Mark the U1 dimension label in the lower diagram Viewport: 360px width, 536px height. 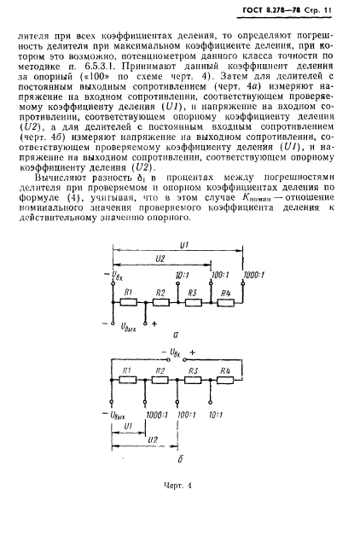click(x=128, y=425)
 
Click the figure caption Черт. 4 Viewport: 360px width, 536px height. click(x=180, y=488)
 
